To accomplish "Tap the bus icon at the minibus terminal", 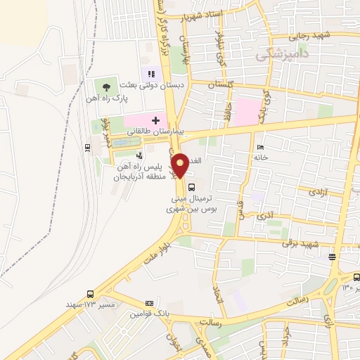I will tap(192, 186).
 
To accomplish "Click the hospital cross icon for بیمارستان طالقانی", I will tap(155, 120).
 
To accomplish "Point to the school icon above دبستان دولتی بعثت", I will tap(150, 73).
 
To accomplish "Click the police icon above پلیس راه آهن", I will tap(140, 155).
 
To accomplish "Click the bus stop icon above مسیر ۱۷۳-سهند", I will tap(89, 294).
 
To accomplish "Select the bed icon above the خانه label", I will tap(260, 148).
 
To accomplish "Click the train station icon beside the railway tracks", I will tap(86, 147).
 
